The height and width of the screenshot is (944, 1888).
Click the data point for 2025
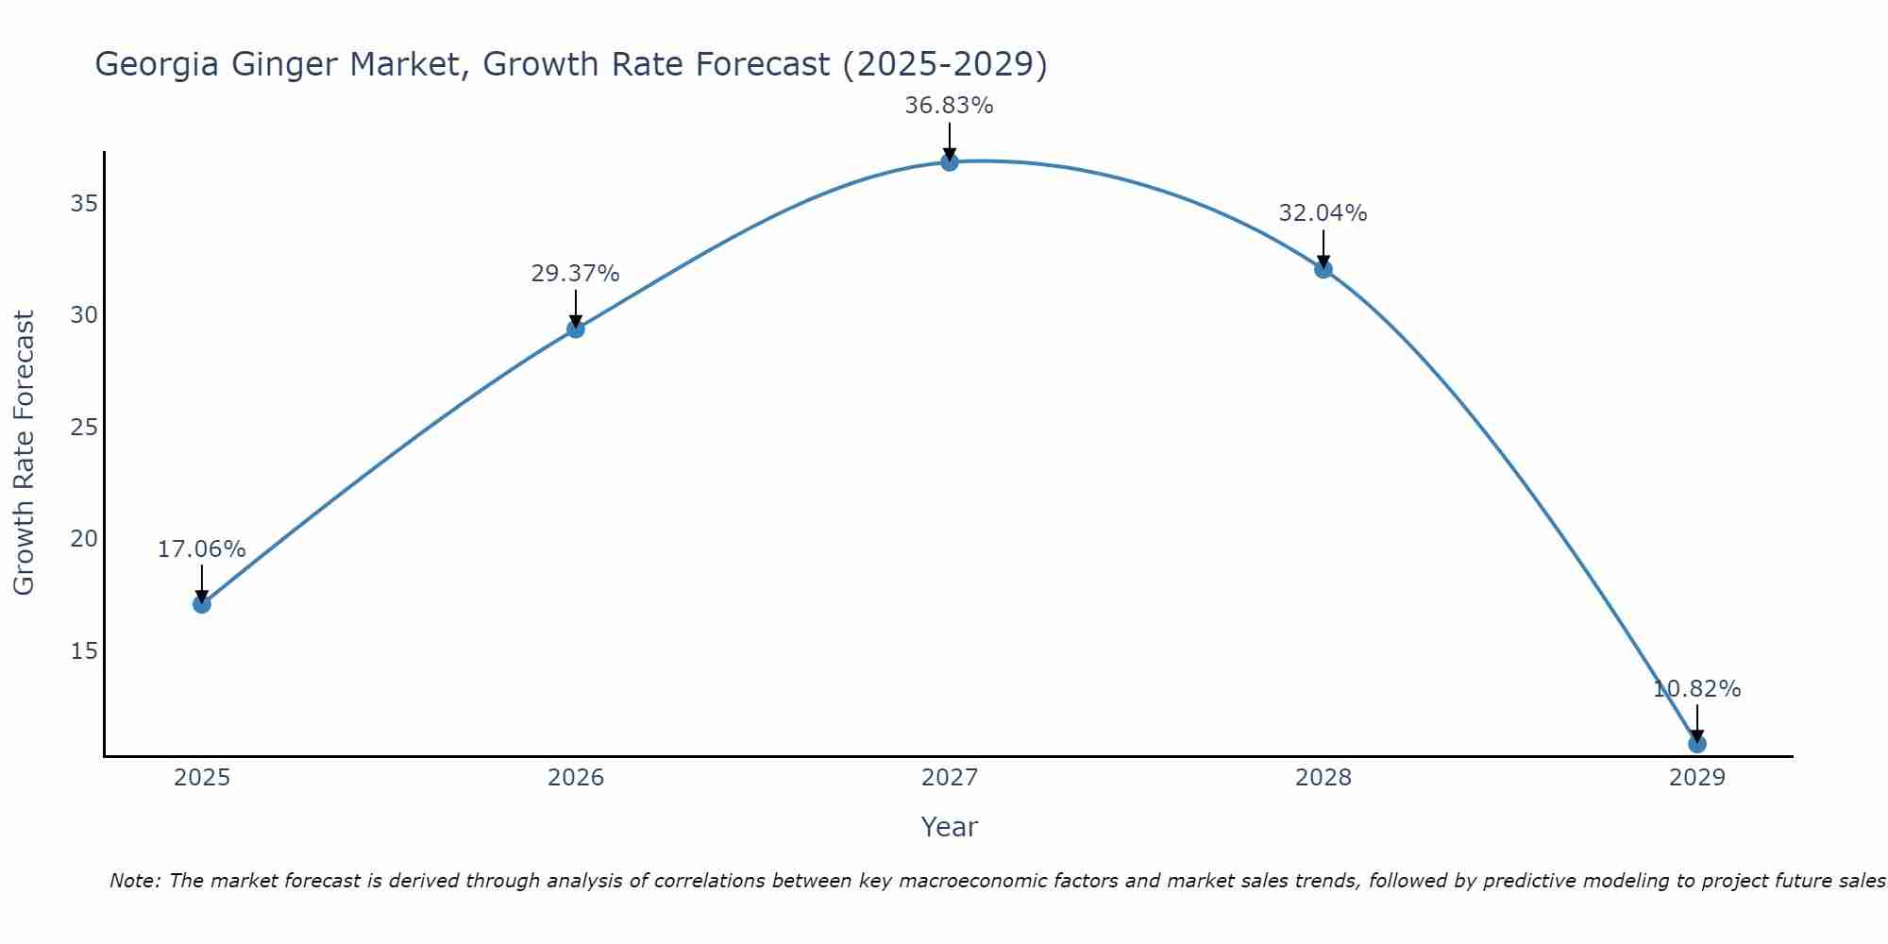(x=201, y=604)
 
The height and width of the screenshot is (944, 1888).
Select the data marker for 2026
(x=575, y=329)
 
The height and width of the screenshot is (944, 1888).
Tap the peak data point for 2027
(x=949, y=162)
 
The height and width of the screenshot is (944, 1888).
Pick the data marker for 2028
(x=1323, y=269)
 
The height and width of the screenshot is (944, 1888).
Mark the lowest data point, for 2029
(x=1696, y=744)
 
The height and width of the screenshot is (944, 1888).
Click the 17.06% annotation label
(x=201, y=549)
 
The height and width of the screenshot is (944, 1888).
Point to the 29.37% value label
(x=575, y=274)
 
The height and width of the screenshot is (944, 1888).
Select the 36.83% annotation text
(x=949, y=106)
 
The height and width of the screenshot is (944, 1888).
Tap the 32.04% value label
(x=1323, y=213)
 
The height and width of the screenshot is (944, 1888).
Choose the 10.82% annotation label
(x=1696, y=689)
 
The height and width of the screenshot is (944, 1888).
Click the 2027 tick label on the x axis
(x=949, y=778)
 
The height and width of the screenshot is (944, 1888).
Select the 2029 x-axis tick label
(x=1696, y=778)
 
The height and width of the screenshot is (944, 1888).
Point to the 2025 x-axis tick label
(x=202, y=778)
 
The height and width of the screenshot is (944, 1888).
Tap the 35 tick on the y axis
(x=84, y=204)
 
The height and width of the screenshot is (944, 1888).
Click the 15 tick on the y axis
(x=84, y=651)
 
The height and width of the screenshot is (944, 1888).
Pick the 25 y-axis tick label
(x=84, y=428)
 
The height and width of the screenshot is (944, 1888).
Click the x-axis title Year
(x=949, y=827)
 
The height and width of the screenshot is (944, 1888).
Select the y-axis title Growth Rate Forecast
(x=25, y=452)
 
